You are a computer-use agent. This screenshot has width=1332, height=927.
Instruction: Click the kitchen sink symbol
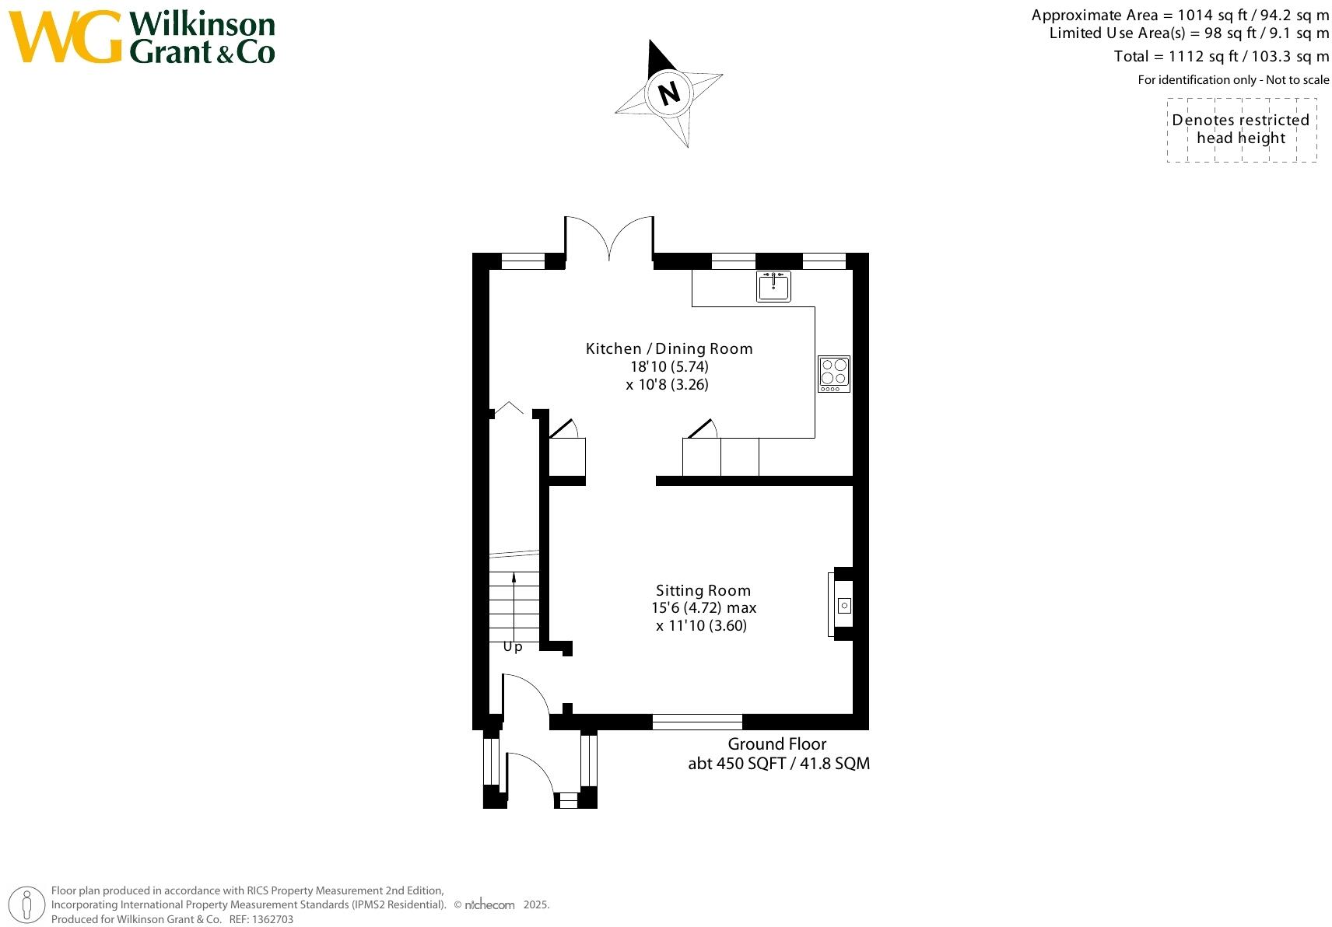[x=773, y=286]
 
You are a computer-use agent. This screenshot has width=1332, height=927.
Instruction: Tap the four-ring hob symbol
[x=833, y=374]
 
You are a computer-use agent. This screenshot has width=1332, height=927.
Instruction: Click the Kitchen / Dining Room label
[x=669, y=348]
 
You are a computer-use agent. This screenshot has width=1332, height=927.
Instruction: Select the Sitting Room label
[x=703, y=590]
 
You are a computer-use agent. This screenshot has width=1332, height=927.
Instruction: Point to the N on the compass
[x=669, y=93]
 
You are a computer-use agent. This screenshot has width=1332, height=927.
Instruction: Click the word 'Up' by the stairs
[x=513, y=647]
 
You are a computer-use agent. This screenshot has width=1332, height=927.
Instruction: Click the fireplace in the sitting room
[x=843, y=605]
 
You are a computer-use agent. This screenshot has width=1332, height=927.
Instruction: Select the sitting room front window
[x=697, y=722]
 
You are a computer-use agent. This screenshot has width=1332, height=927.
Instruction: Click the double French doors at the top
[x=609, y=237]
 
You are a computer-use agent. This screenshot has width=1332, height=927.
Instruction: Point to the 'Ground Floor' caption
[x=776, y=744]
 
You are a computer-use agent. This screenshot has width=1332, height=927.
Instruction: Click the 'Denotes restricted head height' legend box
[x=1241, y=130]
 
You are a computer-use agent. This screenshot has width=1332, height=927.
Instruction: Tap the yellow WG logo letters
[x=66, y=37]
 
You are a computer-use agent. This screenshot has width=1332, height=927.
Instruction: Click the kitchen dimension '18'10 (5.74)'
[x=669, y=366]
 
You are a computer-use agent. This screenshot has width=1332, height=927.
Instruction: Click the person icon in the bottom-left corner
[x=27, y=906]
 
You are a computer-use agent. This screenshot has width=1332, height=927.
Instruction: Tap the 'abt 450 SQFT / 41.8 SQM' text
[x=778, y=764]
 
